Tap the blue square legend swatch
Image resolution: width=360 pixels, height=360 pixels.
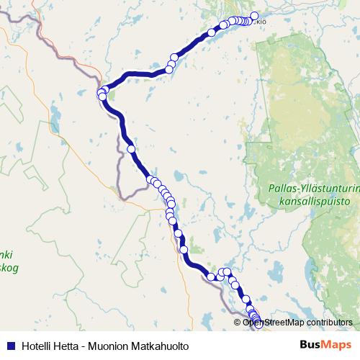pyautogui.click(x=11, y=346)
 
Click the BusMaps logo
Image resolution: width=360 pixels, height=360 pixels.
pyautogui.click(x=326, y=346)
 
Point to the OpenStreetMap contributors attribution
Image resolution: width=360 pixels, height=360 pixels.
pyautogui.click(x=294, y=323)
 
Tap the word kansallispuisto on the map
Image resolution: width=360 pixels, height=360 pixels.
pyautogui.click(x=311, y=202)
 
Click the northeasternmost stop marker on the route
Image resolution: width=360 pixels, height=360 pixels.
pyautogui.click(x=254, y=16)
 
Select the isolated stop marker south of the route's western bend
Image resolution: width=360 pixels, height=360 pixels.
pyautogui.click(x=131, y=149)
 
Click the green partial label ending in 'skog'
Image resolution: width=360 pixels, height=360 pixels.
pyautogui.click(x=9, y=267)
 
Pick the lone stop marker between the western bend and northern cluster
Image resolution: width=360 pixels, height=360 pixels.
pyautogui.click(x=212, y=32)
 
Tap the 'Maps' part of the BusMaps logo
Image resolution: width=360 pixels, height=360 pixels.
pyautogui.click(x=338, y=346)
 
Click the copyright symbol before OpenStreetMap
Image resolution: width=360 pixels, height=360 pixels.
pyautogui.click(x=238, y=323)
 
